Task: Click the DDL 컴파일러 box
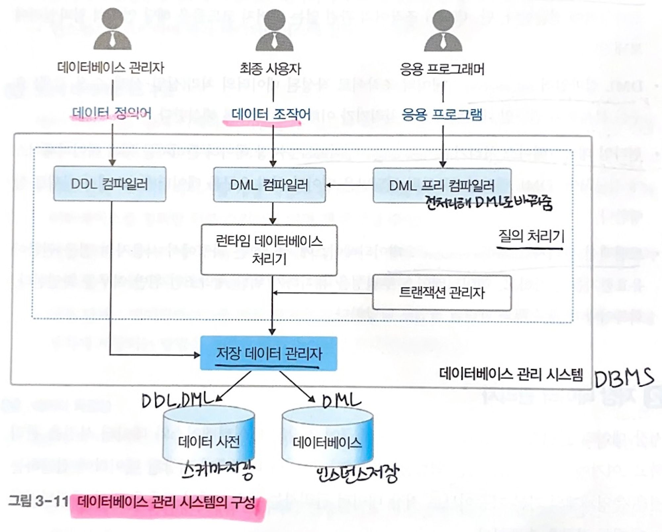coord(110,184)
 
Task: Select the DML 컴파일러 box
coord(269,185)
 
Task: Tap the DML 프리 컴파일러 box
coord(442,186)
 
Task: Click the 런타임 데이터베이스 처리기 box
coord(269,250)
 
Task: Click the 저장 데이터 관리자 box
coord(269,353)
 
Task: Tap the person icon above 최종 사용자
coord(274,30)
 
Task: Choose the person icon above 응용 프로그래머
coord(443,30)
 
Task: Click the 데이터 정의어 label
coord(112,113)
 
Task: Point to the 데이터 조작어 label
coord(271,115)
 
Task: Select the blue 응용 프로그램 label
coord(442,115)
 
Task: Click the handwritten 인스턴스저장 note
coord(357,473)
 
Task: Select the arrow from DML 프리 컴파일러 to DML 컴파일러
coord(350,185)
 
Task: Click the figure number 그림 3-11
coord(38,501)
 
